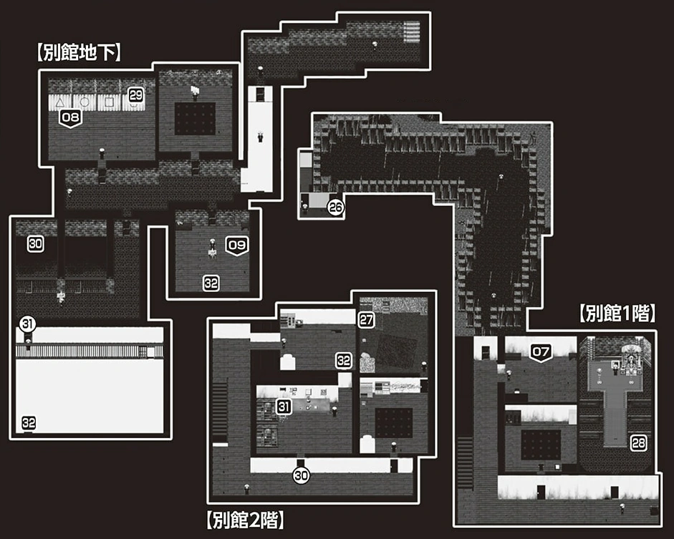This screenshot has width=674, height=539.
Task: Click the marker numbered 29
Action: click(135, 94)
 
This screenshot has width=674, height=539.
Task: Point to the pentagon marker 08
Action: click(70, 117)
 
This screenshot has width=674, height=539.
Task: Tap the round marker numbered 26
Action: click(335, 208)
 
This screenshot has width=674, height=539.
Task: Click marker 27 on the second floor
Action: click(366, 320)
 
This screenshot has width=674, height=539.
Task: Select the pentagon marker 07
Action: click(541, 352)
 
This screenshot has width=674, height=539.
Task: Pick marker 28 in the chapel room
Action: click(638, 443)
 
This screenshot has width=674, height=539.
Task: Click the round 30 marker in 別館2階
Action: click(301, 477)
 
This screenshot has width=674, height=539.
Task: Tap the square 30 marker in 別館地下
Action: click(36, 243)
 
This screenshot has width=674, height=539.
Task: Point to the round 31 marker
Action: click(27, 324)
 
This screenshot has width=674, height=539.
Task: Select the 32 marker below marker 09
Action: click(211, 283)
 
